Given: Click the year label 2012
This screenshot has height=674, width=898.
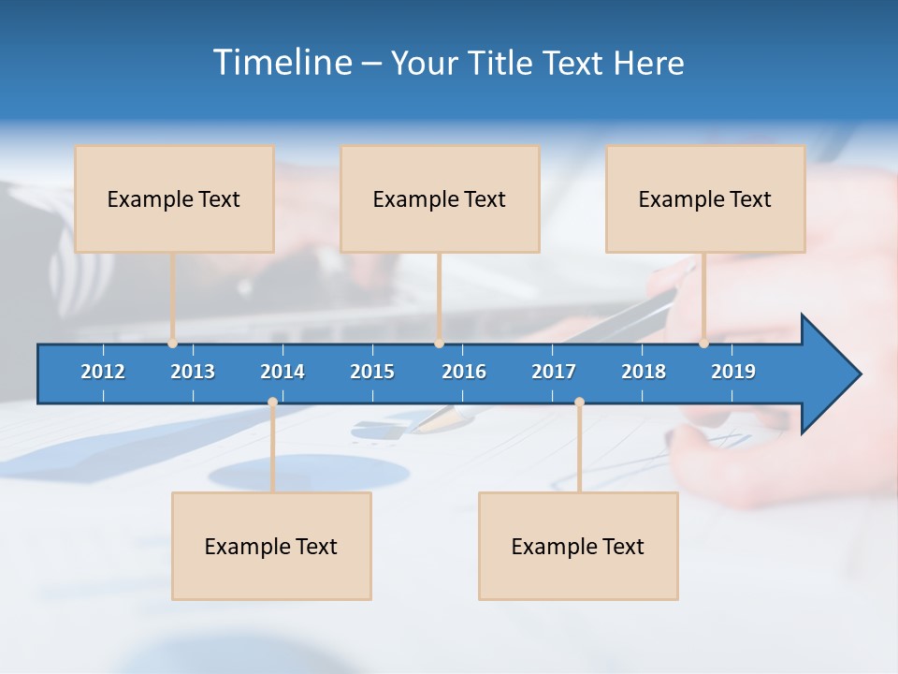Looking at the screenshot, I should [x=103, y=372].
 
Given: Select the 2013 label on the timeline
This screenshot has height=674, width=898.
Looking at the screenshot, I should [x=193, y=372].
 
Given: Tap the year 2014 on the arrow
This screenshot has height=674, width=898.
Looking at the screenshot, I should [x=282, y=372].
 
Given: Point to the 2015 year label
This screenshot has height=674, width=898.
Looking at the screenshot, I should [x=372, y=372].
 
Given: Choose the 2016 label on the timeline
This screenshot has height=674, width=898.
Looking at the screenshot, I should [x=464, y=372].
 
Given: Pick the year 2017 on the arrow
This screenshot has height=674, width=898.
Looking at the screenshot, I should [x=554, y=372].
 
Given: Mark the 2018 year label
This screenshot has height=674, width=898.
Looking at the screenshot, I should [x=644, y=372].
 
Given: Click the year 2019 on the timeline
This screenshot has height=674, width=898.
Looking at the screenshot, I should [x=733, y=372].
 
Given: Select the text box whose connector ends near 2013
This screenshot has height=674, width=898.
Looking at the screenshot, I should [x=174, y=198].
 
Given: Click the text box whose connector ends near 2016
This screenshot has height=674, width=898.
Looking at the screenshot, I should [x=440, y=198].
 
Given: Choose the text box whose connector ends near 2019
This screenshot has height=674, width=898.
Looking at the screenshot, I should [x=705, y=198].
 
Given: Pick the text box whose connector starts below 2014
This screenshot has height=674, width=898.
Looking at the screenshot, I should [x=271, y=546].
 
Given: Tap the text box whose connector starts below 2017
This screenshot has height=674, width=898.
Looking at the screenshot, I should [x=578, y=546].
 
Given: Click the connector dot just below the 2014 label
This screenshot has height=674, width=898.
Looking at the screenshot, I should [x=272, y=403].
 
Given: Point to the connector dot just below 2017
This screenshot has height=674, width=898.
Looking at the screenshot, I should [x=579, y=403].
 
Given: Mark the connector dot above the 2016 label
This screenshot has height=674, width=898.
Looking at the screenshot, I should [x=439, y=344].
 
